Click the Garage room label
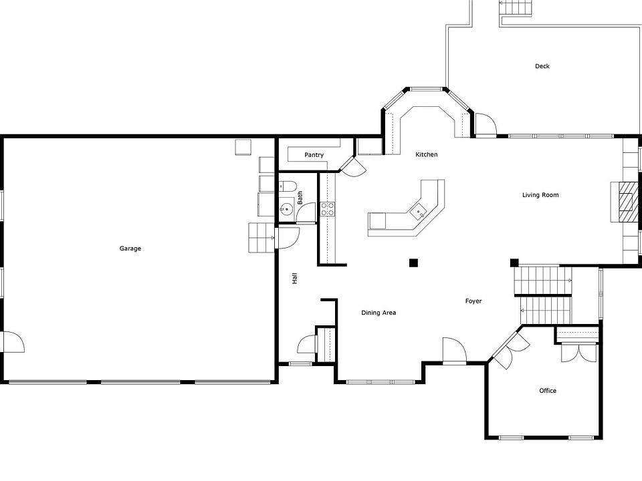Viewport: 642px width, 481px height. click(130, 249)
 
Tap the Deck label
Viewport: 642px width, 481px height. click(542, 66)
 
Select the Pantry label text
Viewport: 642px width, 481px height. click(314, 155)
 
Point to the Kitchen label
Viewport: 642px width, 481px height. click(427, 154)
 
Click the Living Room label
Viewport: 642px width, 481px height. click(540, 195)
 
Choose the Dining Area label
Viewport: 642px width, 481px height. click(379, 313)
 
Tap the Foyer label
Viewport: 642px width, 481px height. click(473, 301)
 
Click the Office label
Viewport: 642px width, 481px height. click(548, 391)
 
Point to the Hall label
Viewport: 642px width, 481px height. click(294, 279)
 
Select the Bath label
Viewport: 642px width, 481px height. click(300, 198)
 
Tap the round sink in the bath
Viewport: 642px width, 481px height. click(286, 209)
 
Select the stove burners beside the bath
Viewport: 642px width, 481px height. click(328, 208)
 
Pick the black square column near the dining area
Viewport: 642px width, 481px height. click(414, 263)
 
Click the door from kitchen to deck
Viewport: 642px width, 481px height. click(484, 125)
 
